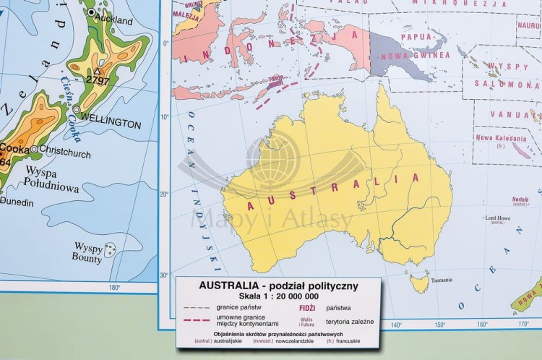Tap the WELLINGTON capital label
111,124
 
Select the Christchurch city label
65,153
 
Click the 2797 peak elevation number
98,81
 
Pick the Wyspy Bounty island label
87,252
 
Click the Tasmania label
442,280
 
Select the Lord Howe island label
499,218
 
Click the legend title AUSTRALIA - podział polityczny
278,286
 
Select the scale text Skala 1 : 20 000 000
278,296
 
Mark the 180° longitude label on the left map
113,288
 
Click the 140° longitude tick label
396,325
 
